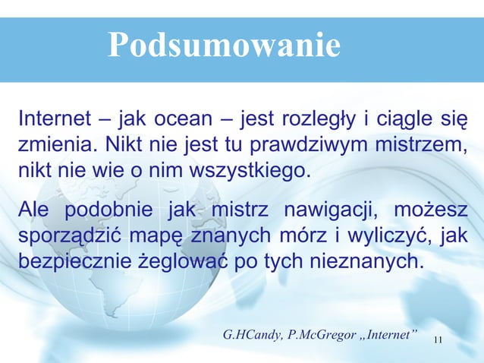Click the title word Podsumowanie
tap(224, 45)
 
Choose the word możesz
tap(435, 210)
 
